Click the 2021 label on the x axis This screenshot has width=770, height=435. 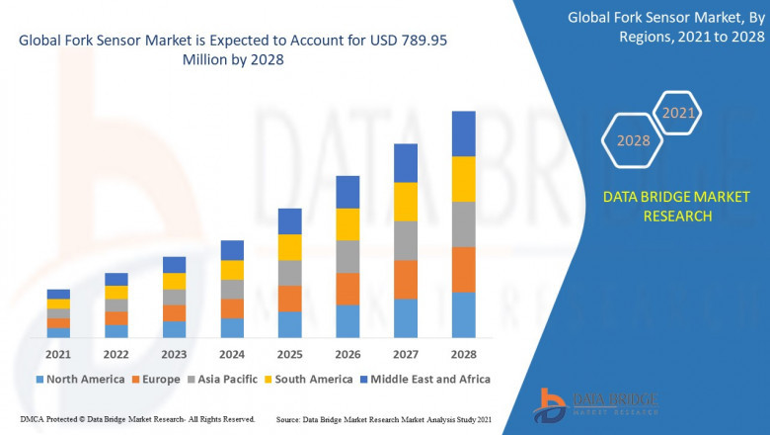[x=58, y=354]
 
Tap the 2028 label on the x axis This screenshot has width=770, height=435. [x=463, y=354]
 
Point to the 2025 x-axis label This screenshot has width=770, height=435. [x=289, y=354]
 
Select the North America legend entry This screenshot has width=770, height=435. [x=80, y=379]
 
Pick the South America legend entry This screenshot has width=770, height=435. [x=310, y=379]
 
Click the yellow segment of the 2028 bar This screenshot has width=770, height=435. [x=463, y=179]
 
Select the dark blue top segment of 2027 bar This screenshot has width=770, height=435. [x=406, y=163]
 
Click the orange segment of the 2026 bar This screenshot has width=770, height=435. [x=347, y=289]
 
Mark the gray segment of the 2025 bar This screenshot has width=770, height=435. [x=289, y=273]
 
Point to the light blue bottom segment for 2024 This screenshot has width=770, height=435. [x=232, y=328]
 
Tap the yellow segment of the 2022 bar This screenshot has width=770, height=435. [x=116, y=293]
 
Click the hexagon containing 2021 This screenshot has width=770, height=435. [x=677, y=113]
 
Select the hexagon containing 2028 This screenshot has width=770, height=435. [x=633, y=140]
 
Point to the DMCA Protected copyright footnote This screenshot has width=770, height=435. [x=137, y=419]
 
